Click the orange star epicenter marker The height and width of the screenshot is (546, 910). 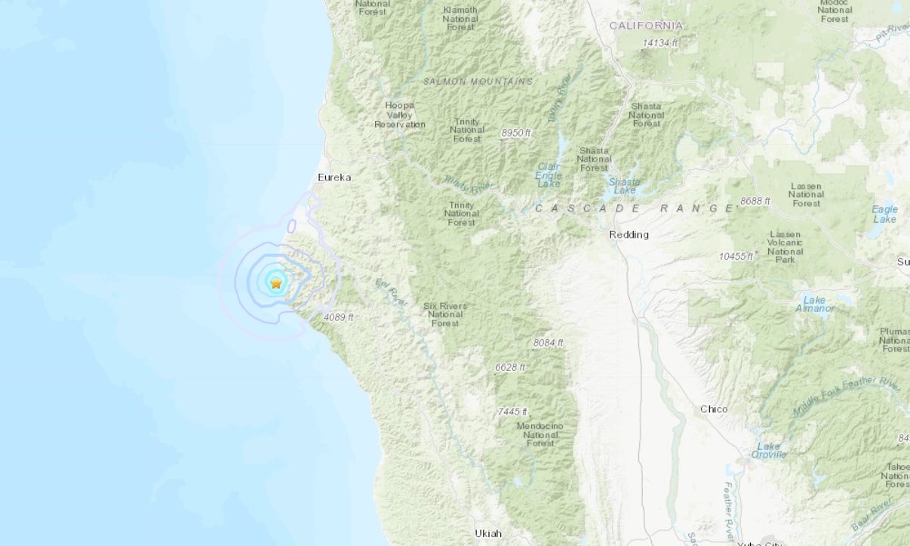point(276,283)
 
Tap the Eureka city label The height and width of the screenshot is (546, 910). point(334,177)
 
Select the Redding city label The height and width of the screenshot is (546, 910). point(629,235)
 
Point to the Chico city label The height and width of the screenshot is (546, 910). point(714,409)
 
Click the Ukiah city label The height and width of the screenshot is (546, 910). point(488,533)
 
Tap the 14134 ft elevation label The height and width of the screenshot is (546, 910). point(659,43)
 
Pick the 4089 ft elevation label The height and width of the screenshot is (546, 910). point(338,317)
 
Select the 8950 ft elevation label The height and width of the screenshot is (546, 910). point(516,133)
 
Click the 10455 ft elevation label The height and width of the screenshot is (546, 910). point(736,257)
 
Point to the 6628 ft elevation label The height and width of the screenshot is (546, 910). point(510,367)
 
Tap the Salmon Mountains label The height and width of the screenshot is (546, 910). point(478,82)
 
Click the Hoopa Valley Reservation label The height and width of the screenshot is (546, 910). point(400,115)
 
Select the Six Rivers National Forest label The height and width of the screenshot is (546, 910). point(445,315)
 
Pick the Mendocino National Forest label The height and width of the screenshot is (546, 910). point(540,434)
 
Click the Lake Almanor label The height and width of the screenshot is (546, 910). point(814,304)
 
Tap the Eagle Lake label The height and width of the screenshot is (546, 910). point(884,214)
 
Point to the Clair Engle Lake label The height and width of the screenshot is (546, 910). point(549,175)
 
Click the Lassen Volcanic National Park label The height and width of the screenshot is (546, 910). point(785,247)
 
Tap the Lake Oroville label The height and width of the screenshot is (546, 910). point(769,451)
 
